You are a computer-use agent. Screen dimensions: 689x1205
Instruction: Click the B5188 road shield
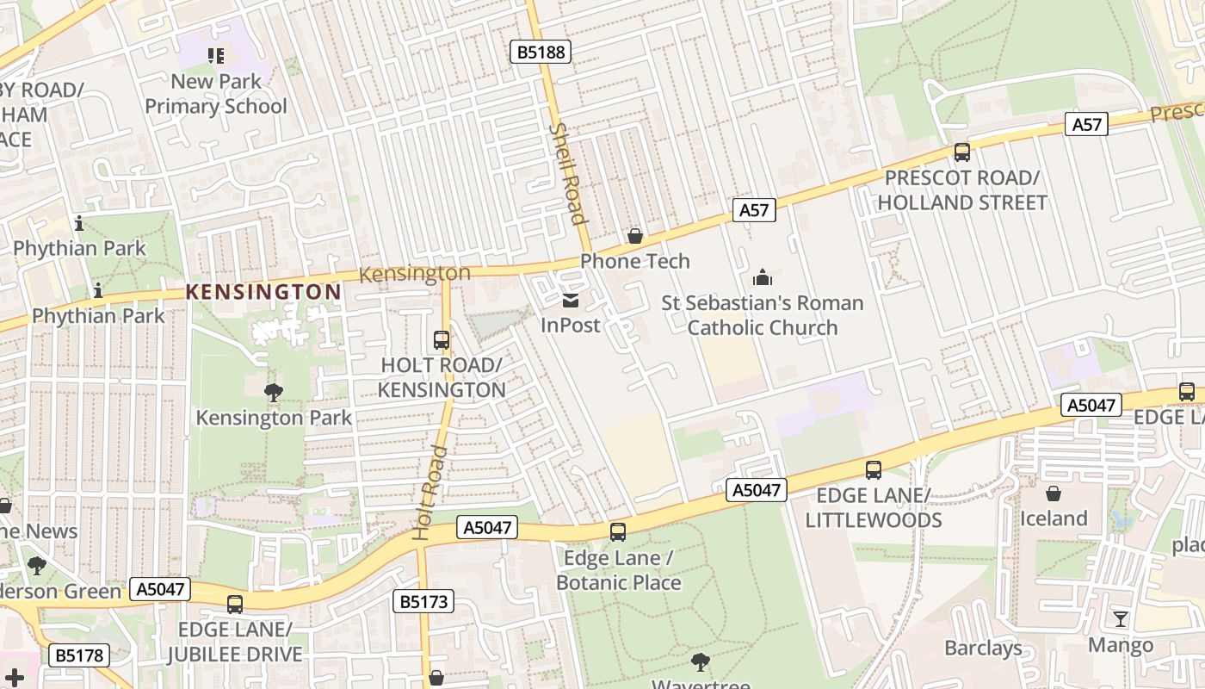540,52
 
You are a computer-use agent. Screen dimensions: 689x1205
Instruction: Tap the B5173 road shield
424,601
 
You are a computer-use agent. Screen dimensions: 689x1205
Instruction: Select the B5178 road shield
80,655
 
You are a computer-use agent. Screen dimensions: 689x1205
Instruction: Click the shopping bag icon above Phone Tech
635,235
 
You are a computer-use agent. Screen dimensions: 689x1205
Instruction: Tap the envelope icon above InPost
570,301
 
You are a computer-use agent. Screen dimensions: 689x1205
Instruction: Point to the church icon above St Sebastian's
762,277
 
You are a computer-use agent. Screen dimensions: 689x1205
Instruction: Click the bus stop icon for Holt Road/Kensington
442,340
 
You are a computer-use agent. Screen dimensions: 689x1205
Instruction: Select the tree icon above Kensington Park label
274,393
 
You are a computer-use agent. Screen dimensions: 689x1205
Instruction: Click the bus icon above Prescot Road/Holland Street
961,152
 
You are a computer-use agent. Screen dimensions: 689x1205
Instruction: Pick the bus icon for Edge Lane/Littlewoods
874,470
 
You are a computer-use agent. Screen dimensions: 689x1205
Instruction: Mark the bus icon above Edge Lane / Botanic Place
618,532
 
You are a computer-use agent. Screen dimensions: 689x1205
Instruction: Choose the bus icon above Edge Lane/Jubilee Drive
235,605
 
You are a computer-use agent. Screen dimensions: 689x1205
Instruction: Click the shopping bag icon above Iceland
1053,493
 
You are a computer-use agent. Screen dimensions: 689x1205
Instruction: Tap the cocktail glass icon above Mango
1120,619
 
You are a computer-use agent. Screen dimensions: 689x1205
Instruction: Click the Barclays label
983,648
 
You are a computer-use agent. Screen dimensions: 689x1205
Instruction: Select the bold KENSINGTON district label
263,292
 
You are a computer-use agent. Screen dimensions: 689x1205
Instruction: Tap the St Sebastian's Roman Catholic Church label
762,315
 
